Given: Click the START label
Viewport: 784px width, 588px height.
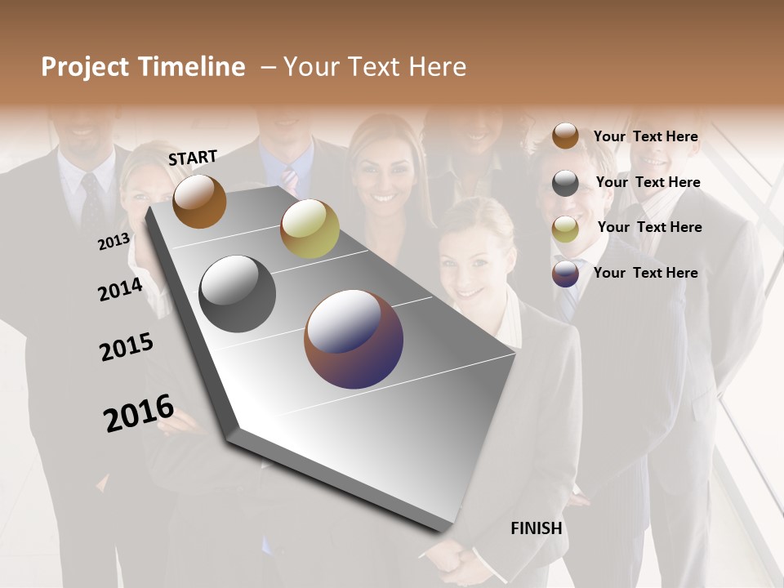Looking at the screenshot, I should pyautogui.click(x=193, y=158).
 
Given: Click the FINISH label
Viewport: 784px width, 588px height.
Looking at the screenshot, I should pyautogui.click(x=536, y=528).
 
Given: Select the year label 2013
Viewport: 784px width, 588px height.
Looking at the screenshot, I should pyautogui.click(x=114, y=242).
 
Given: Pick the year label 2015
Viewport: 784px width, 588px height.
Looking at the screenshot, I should pyautogui.click(x=127, y=348).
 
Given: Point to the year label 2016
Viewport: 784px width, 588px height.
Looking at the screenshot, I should pyautogui.click(x=139, y=413).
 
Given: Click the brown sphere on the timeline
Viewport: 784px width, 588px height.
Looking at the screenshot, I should pyautogui.click(x=199, y=201).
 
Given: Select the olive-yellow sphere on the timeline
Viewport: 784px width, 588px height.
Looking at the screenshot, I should pyautogui.click(x=310, y=229).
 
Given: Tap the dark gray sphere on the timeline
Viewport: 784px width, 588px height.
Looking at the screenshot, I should pyautogui.click(x=238, y=294).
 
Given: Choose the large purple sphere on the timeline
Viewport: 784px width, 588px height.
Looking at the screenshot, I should pyautogui.click(x=354, y=339).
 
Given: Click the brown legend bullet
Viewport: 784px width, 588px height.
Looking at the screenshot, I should pyautogui.click(x=565, y=136).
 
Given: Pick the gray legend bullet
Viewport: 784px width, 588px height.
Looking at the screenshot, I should pyautogui.click(x=565, y=183).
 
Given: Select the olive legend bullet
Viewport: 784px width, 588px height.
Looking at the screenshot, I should pyautogui.click(x=565, y=229).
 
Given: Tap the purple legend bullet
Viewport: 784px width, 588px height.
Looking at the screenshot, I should pyautogui.click(x=565, y=274).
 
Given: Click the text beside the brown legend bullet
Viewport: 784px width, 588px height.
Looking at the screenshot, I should pyautogui.click(x=645, y=136).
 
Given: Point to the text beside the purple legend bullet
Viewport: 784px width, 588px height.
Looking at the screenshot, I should pyautogui.click(x=645, y=273).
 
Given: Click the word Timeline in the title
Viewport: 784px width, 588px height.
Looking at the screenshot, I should pyautogui.click(x=191, y=67).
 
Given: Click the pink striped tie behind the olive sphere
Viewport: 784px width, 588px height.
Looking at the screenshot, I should pyautogui.click(x=289, y=180).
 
